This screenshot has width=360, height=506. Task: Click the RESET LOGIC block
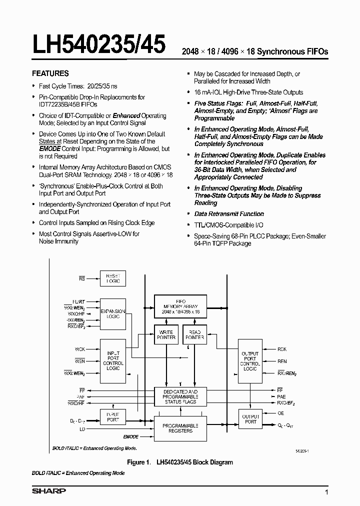tap(113, 278)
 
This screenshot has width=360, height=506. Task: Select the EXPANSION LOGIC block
tap(113, 314)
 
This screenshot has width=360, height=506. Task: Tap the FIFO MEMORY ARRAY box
tap(180, 306)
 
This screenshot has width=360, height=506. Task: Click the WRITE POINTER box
tap(166, 334)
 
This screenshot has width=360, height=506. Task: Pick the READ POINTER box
tap(194, 334)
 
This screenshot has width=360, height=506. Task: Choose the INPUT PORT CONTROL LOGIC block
tap(113, 360)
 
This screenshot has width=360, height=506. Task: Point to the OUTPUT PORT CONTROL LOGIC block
tap(250, 361)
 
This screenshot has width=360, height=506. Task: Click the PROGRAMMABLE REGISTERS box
tap(180, 428)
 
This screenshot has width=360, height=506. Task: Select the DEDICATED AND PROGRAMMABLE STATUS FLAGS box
tap(180, 396)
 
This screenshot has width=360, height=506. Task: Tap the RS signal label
tap(82, 277)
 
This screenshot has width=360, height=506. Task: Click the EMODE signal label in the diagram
tap(130, 436)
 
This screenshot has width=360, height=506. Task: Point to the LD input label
tap(82, 429)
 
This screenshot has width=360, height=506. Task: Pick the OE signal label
tap(280, 413)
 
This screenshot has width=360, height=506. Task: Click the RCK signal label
tap(282, 349)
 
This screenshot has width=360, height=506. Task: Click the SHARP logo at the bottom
tap(49, 491)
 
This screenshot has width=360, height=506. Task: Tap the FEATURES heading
tap(50, 73)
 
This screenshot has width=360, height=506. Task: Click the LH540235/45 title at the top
tap(99, 45)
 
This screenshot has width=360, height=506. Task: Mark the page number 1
tap(326, 493)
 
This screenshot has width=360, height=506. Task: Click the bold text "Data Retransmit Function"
tap(229, 214)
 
